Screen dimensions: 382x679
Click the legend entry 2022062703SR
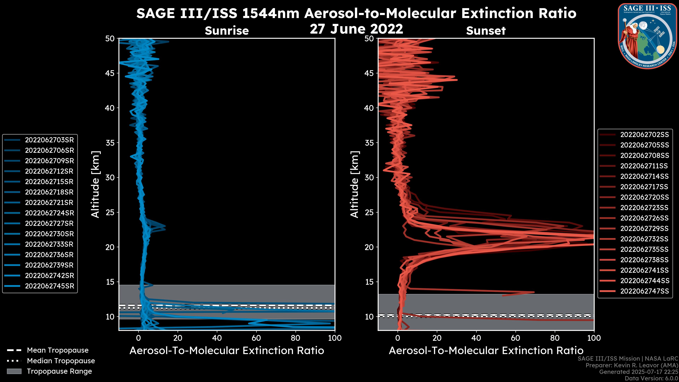[x=49, y=140]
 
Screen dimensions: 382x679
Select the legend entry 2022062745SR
[x=49, y=286]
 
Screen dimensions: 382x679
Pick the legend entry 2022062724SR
[x=49, y=213]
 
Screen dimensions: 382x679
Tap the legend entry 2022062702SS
[x=645, y=135]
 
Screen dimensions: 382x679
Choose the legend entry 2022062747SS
[x=645, y=291]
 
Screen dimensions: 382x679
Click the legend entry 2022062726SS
[x=645, y=218]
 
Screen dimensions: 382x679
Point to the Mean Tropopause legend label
[x=58, y=350]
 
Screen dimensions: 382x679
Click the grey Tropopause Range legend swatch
[x=14, y=371]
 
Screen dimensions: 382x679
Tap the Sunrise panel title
[x=227, y=31]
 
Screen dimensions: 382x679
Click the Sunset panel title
[x=486, y=31]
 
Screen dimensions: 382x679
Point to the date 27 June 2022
[x=356, y=29]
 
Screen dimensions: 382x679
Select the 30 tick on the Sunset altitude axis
[x=369, y=177]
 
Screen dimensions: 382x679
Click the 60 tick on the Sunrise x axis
[x=256, y=338]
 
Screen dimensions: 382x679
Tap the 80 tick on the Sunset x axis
[x=555, y=338]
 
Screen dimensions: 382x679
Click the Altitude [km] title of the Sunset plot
[x=355, y=184]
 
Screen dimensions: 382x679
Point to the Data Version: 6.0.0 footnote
[x=652, y=379]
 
